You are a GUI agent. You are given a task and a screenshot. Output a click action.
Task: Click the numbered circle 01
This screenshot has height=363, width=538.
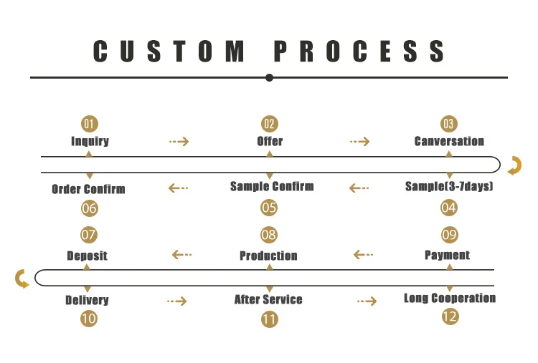89,124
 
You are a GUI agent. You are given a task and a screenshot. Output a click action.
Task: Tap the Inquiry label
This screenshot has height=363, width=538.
90,141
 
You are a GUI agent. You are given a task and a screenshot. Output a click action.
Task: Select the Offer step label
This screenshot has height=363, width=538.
270,141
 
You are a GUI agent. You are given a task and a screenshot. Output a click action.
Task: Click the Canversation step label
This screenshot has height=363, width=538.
449,141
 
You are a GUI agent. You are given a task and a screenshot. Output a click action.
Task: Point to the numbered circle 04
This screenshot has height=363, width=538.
449,208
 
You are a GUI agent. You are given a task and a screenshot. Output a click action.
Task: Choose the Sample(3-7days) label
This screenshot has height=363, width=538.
449,186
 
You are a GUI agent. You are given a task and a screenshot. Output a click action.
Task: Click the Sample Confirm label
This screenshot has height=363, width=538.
272,186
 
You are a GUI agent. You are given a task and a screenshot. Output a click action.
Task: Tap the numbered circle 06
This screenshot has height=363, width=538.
89,208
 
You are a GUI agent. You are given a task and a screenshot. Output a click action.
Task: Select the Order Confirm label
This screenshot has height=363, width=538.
88,190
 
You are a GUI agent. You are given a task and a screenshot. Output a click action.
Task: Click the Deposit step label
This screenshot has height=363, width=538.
87,256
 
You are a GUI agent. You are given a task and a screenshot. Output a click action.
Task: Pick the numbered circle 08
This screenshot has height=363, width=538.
269,235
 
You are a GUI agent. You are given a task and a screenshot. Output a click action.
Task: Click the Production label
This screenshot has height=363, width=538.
268,256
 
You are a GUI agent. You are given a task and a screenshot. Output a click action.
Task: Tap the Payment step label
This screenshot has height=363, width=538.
448,255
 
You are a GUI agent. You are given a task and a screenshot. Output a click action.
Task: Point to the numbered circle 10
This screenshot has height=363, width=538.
88,319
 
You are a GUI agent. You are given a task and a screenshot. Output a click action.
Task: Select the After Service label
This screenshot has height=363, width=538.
268,299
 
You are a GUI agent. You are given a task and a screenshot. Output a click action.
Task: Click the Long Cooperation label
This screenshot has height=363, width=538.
450,298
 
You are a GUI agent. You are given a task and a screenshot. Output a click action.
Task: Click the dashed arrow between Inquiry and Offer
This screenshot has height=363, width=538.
179,142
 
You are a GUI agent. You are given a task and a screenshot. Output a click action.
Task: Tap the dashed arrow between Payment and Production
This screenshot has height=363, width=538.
364,254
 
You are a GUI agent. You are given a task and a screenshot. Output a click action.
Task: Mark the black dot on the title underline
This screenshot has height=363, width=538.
269,77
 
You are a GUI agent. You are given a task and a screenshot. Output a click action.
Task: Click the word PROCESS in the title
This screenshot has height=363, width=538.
360,52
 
